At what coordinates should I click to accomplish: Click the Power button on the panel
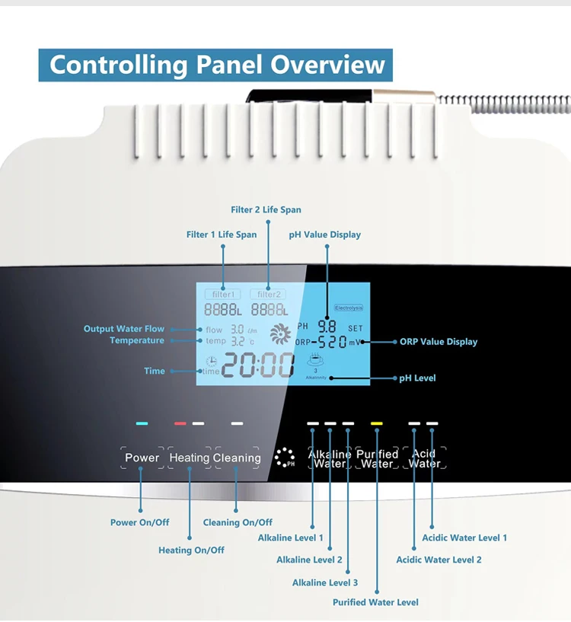(142, 458)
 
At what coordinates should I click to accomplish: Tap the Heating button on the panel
(190, 458)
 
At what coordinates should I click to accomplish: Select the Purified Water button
(378, 458)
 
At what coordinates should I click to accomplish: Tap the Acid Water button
(424, 458)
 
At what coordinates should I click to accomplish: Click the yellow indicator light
(376, 423)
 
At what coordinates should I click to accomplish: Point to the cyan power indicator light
(142, 423)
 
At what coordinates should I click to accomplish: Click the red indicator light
(180, 423)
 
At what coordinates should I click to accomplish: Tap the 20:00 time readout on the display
(257, 366)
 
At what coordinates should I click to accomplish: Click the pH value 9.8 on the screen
(327, 325)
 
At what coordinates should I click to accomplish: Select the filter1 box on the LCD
(223, 294)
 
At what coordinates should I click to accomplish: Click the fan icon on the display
(280, 333)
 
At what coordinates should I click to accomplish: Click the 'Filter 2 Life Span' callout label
(266, 210)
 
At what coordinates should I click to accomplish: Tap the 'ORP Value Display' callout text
(439, 342)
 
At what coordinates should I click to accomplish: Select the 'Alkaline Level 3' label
(325, 583)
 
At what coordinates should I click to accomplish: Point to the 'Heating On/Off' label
(191, 550)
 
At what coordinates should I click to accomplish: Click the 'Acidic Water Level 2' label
(439, 560)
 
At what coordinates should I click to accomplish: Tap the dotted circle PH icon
(285, 458)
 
